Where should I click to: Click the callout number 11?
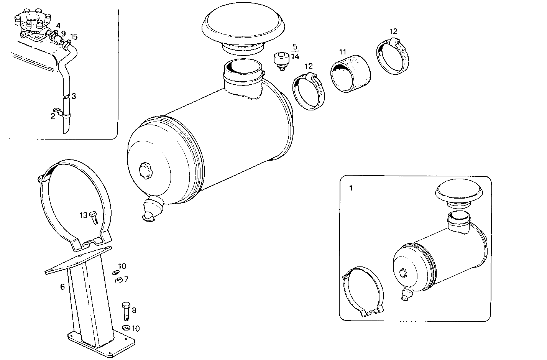coord(342,51)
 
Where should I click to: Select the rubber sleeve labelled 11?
coord(351,74)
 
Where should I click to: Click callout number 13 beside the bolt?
coord(84,215)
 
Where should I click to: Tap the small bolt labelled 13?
coord(94,217)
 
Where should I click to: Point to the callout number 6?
coord(62,286)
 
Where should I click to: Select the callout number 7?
coord(126,279)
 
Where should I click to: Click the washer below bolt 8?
coord(125,328)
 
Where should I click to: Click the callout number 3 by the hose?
coord(74,96)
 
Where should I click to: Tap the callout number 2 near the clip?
coord(53,116)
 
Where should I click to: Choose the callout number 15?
coord(74,37)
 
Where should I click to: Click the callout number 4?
coord(58,26)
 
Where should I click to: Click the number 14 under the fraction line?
coord(295,56)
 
